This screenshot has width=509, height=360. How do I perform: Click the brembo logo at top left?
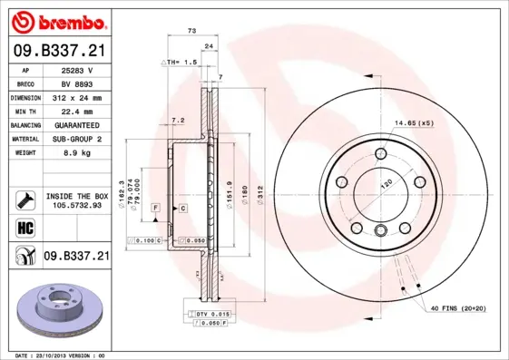pos(56,21)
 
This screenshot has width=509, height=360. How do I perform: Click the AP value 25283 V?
pos(83,69)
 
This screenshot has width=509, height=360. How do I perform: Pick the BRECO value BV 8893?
pos(83,83)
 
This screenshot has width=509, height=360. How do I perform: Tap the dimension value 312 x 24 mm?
pos(83,96)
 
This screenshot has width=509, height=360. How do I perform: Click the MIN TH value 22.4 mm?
pos(83,110)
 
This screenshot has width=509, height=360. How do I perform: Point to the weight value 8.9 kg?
pos(83,152)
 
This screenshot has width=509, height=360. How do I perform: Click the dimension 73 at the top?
pos(191,32)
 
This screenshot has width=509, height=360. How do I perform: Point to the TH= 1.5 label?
pos(180,62)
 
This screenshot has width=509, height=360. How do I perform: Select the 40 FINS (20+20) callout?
pos(457,308)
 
